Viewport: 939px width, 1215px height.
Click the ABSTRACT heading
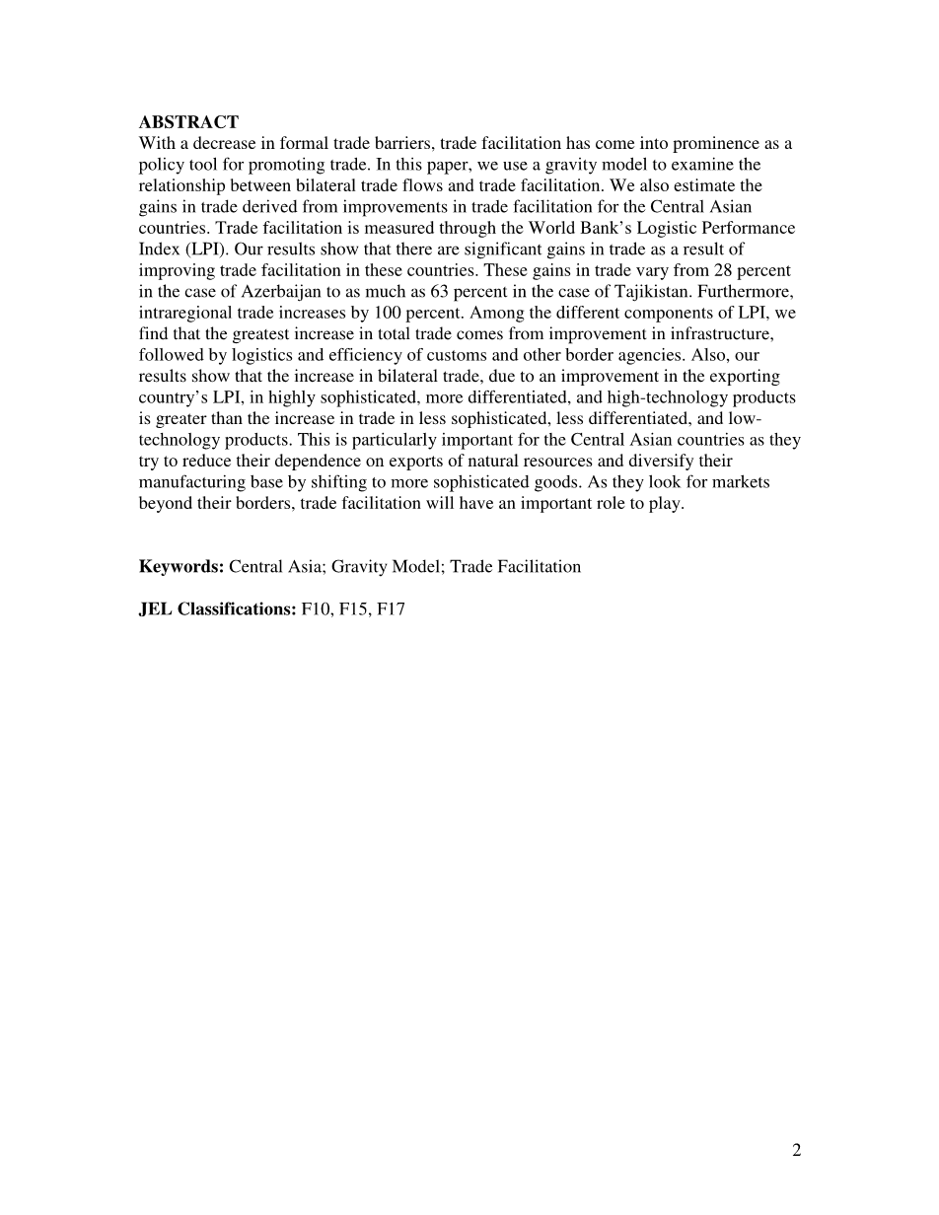[x=188, y=122]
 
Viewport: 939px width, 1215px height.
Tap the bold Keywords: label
[x=181, y=566]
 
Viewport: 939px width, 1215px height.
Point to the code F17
[x=391, y=608]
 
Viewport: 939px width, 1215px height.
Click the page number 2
[x=796, y=1150]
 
